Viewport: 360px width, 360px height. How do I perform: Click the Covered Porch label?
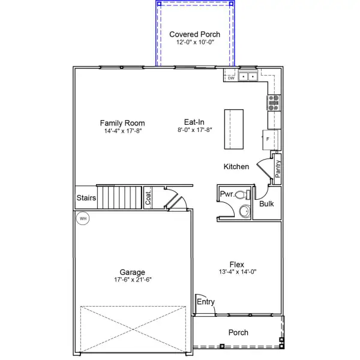click(x=194, y=34)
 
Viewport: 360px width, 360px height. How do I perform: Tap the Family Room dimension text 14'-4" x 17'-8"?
click(x=123, y=131)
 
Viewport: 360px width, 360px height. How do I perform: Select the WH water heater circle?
click(x=83, y=218)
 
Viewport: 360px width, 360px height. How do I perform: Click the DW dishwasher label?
click(x=231, y=78)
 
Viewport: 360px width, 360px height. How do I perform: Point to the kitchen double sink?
click(x=248, y=76)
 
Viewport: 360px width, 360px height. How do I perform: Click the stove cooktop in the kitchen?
click(x=274, y=103)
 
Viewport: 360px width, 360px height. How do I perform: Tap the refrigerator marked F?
click(x=270, y=140)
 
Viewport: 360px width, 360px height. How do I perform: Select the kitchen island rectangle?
click(x=234, y=129)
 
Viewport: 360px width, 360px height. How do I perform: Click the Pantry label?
click(x=278, y=169)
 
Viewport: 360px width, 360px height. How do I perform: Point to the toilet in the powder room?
click(x=242, y=194)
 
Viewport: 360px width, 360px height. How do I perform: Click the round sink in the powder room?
click(x=245, y=211)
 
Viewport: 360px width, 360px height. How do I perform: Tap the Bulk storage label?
click(x=266, y=203)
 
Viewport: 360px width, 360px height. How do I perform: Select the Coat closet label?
click(x=148, y=197)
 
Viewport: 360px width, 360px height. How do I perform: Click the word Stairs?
click(x=86, y=197)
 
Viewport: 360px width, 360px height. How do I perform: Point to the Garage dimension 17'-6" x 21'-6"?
click(x=133, y=280)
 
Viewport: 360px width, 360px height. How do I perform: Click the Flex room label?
click(x=237, y=264)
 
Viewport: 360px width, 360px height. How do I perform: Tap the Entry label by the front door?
click(x=206, y=302)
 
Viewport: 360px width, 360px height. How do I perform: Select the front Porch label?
click(x=238, y=332)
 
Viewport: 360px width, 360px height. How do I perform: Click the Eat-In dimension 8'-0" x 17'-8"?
click(x=194, y=130)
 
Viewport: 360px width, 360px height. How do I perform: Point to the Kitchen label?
click(x=236, y=166)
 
